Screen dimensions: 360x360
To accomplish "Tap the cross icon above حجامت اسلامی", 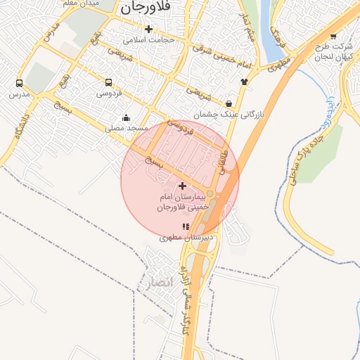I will tap(148, 29).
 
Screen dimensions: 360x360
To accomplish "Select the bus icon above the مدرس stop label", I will tap(19, 82).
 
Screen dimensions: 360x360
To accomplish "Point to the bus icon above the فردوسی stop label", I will tap(108, 82).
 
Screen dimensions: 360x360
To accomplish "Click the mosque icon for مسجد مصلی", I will tap(126, 117).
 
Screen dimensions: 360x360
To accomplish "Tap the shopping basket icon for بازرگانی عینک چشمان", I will tap(229, 103).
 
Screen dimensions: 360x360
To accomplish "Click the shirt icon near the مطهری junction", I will tap(244, 82).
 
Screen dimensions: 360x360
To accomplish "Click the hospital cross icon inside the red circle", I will tap(183, 186).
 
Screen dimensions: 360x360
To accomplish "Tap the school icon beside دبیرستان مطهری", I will tap(186, 226).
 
